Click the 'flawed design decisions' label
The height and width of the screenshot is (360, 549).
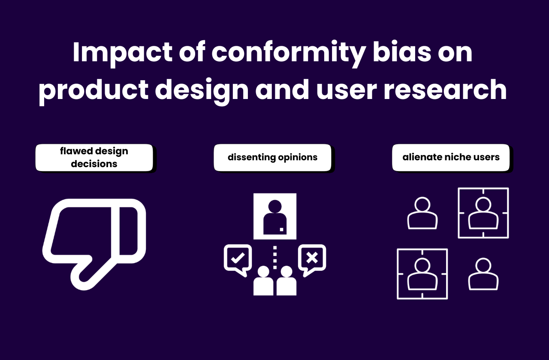tap(94, 158)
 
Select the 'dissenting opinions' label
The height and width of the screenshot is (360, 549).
tap(272, 158)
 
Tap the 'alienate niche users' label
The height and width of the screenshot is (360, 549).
tap(451, 158)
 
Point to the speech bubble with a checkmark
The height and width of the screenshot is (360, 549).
tap(237, 258)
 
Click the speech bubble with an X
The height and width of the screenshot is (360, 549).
tap(312, 258)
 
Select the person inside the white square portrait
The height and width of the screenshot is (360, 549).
tap(275, 216)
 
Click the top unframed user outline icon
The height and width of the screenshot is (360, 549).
tap(422, 213)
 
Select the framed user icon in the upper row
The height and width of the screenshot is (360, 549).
tap(483, 213)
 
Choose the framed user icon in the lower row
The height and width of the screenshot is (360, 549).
tap(422, 274)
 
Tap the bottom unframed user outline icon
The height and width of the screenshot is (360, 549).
tap(483, 274)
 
